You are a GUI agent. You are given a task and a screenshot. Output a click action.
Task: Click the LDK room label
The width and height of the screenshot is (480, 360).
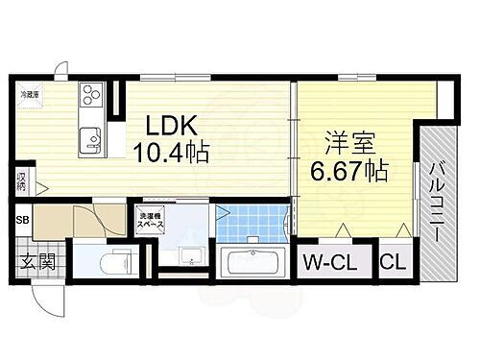click(x=173, y=126)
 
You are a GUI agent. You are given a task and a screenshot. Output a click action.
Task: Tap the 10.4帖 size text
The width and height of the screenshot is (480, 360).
click(x=173, y=152)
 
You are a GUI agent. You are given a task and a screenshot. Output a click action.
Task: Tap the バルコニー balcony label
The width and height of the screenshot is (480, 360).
click(x=436, y=202)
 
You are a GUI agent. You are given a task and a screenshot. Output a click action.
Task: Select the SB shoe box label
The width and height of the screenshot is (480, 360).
click(x=21, y=220)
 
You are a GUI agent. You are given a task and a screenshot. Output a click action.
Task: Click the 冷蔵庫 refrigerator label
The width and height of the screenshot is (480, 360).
click(x=31, y=93)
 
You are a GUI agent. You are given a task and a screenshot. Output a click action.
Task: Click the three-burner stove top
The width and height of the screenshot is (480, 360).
click(x=90, y=95)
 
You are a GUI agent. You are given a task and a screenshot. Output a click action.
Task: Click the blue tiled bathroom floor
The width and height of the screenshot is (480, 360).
click(x=252, y=225)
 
